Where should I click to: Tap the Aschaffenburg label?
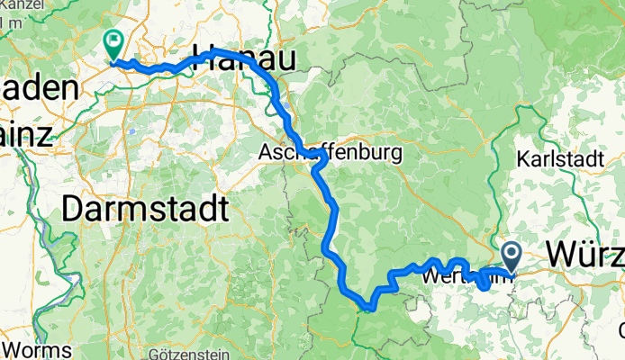[x=329, y=153]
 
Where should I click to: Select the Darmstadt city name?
[x=144, y=211]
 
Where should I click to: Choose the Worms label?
[x=27, y=347]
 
